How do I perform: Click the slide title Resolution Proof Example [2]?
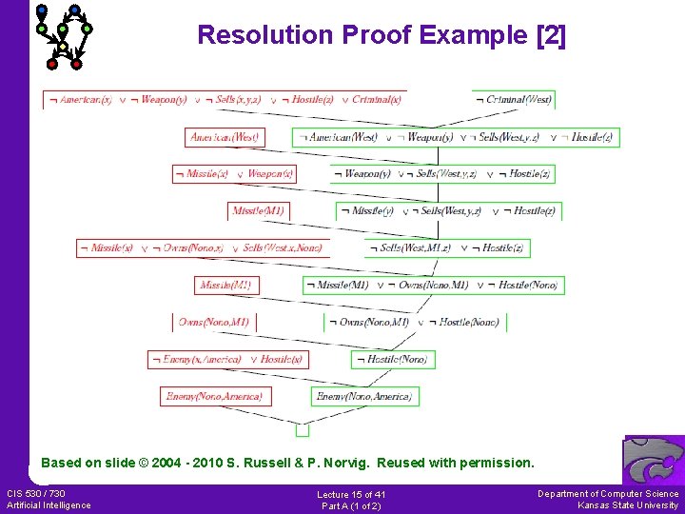tap(381, 36)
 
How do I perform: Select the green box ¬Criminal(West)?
tap(513, 99)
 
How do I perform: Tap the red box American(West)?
tap(225, 137)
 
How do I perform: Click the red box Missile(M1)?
tap(257, 210)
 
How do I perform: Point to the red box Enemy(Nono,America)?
tap(213, 396)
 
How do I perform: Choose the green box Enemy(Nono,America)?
tap(364, 396)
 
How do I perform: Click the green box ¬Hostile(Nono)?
tap(390, 359)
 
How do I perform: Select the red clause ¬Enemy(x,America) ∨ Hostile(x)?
tap(227, 359)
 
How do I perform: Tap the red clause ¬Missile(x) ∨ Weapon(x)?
tap(234, 174)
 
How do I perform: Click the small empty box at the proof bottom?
tap(302, 429)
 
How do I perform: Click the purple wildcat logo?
tap(654, 461)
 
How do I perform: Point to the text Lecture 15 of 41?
tap(351, 495)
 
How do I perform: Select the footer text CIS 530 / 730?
tap(36, 493)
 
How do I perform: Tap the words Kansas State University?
tap(628, 505)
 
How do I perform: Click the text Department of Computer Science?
tap(608, 493)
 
